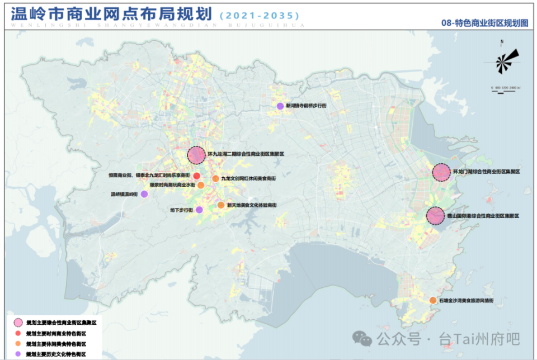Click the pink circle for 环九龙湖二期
click(196, 155)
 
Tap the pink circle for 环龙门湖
click(441, 172)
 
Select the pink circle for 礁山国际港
click(436, 216)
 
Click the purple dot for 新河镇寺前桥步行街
click(280, 106)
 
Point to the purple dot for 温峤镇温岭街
click(144, 194)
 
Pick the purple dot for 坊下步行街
click(199, 210)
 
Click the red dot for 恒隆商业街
click(197, 176)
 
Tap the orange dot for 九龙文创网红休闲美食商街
click(215, 179)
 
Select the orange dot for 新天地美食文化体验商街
click(221, 205)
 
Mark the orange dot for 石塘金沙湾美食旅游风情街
click(433, 301)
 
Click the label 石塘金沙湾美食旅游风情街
click(467, 301)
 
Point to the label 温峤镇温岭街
click(124, 194)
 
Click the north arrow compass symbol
click(507, 60)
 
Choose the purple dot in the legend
click(18, 354)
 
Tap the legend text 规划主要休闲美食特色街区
click(56, 344)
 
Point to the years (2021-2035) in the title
click(257, 15)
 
